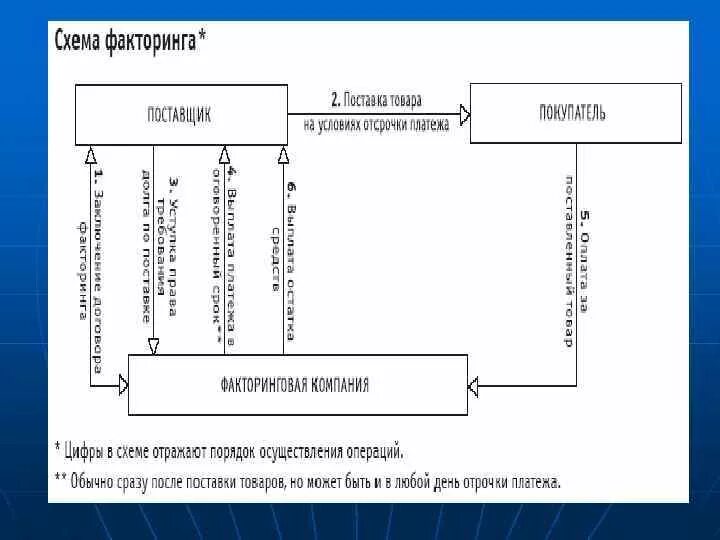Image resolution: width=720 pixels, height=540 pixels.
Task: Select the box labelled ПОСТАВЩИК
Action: [x=180, y=113]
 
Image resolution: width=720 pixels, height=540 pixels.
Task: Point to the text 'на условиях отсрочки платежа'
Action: [x=376, y=124]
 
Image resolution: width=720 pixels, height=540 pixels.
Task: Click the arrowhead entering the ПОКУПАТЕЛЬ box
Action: [x=463, y=112]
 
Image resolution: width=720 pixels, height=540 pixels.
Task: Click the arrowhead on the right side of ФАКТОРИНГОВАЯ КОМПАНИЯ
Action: [x=474, y=384]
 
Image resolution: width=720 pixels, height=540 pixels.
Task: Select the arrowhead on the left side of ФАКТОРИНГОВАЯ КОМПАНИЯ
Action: [x=122, y=384]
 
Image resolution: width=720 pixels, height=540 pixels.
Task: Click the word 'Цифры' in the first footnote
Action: [x=85, y=451]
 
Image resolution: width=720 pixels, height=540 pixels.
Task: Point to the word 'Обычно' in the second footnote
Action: [x=94, y=481]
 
